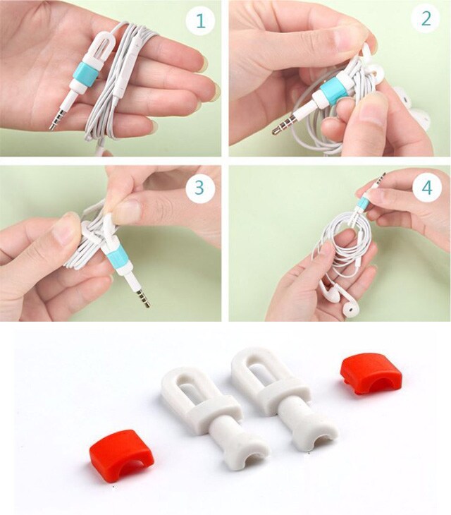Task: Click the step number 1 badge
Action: (x=200, y=21)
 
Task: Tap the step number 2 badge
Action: (x=426, y=18)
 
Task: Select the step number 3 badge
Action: (x=199, y=188)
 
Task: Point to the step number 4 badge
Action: (x=427, y=188)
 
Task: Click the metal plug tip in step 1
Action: (x=56, y=119)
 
